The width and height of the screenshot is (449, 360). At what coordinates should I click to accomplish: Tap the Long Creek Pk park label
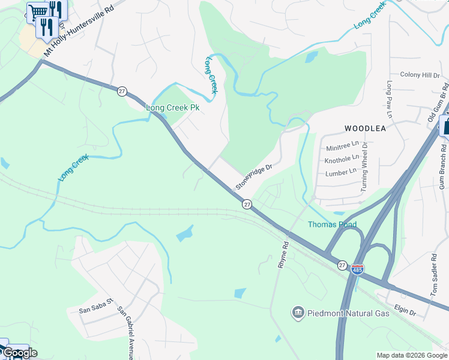[x=173, y=107]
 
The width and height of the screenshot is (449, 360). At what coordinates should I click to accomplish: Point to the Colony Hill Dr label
[x=420, y=75]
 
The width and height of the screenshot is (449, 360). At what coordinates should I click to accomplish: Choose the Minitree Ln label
[x=342, y=146]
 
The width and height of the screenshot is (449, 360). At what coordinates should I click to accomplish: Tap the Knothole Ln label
[x=342, y=160]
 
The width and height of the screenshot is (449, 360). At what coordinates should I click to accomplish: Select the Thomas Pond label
[x=332, y=225]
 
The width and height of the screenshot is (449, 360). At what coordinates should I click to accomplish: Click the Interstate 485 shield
[x=357, y=268]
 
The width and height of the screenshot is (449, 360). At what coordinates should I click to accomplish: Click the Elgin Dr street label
[x=406, y=311]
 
